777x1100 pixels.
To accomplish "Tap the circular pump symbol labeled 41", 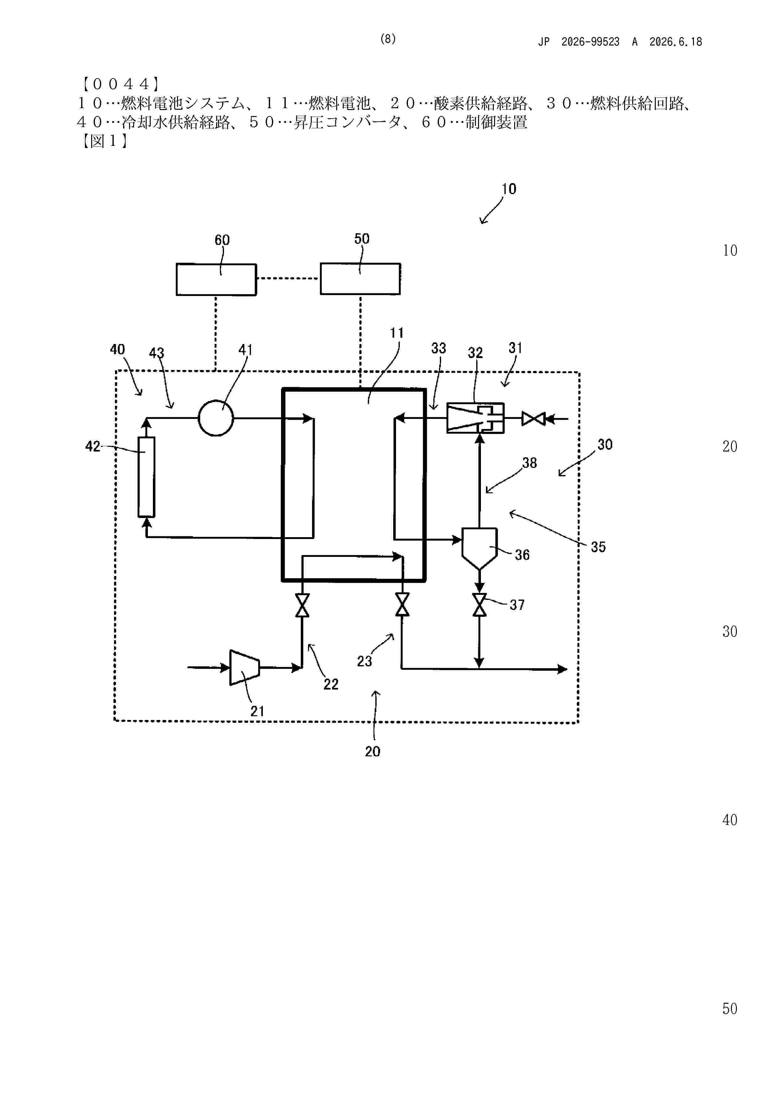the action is click(216, 418).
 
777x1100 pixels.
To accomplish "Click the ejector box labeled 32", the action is click(475, 418).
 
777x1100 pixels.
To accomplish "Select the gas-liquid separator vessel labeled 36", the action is click(479, 548).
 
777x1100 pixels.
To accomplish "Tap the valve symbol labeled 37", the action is click(479, 605).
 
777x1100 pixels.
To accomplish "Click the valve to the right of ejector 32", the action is click(533, 419).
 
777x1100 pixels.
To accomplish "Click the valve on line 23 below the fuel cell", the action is click(403, 604).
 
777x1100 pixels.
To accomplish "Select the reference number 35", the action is click(598, 547).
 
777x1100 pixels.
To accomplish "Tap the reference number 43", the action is click(157, 353).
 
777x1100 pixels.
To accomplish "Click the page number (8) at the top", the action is click(388, 39).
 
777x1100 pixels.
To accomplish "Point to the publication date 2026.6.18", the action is click(675, 42).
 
